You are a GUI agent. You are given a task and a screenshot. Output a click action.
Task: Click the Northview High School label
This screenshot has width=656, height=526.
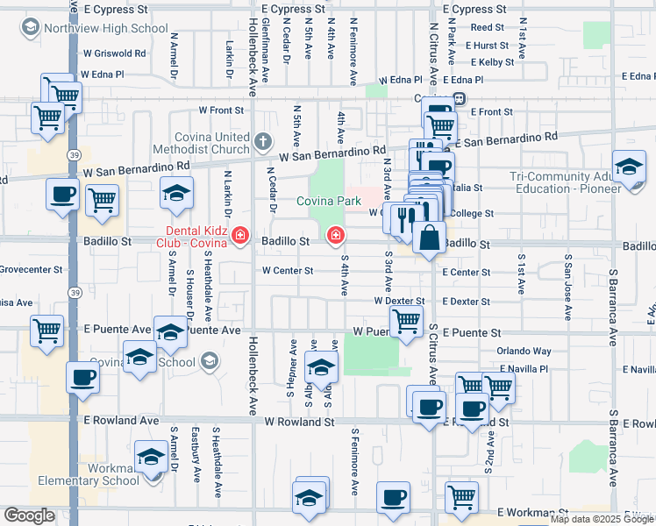click(108, 28)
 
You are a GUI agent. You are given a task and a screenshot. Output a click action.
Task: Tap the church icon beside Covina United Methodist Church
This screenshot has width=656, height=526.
click(262, 141)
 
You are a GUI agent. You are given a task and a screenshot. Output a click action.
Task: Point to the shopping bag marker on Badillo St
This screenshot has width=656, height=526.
click(429, 238)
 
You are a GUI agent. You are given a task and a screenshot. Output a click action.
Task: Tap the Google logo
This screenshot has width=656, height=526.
click(29, 515)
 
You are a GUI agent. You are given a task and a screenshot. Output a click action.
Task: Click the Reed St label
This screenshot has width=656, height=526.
click(481, 28)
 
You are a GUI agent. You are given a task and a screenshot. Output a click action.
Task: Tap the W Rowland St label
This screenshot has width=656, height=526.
click(300, 422)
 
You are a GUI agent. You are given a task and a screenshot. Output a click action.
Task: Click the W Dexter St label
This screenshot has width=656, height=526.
click(398, 302)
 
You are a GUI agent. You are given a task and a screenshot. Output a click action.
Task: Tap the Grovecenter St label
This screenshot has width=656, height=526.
click(31, 270)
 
